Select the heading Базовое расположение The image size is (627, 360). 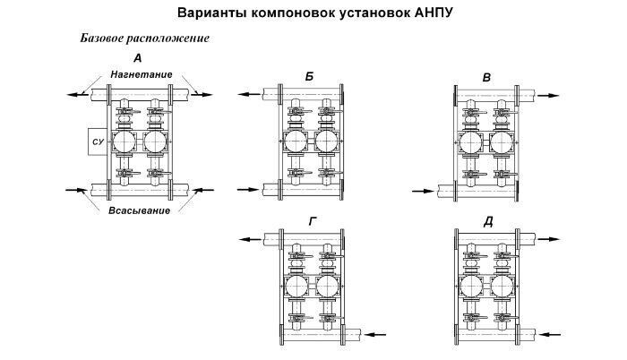coord(145,39)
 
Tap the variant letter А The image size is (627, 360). coord(138,58)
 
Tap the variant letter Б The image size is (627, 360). coord(309,77)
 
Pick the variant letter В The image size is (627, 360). coord(486,78)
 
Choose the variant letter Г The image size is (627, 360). coord(313,221)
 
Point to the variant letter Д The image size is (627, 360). coord(488,222)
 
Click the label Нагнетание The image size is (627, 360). coord(142,74)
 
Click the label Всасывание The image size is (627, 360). coord(140,210)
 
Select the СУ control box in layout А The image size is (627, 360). coord(98,141)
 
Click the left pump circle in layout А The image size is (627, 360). coord(124,141)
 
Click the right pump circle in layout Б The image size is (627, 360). coord(327,142)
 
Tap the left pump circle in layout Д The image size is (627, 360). coord(471,287)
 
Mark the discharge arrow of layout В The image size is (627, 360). coord(548,96)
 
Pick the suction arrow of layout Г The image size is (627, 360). coord(375,334)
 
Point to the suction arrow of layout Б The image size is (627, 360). coord(248,189)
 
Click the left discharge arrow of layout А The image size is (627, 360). coord(78,95)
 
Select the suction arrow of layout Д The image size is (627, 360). coord(550,334)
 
